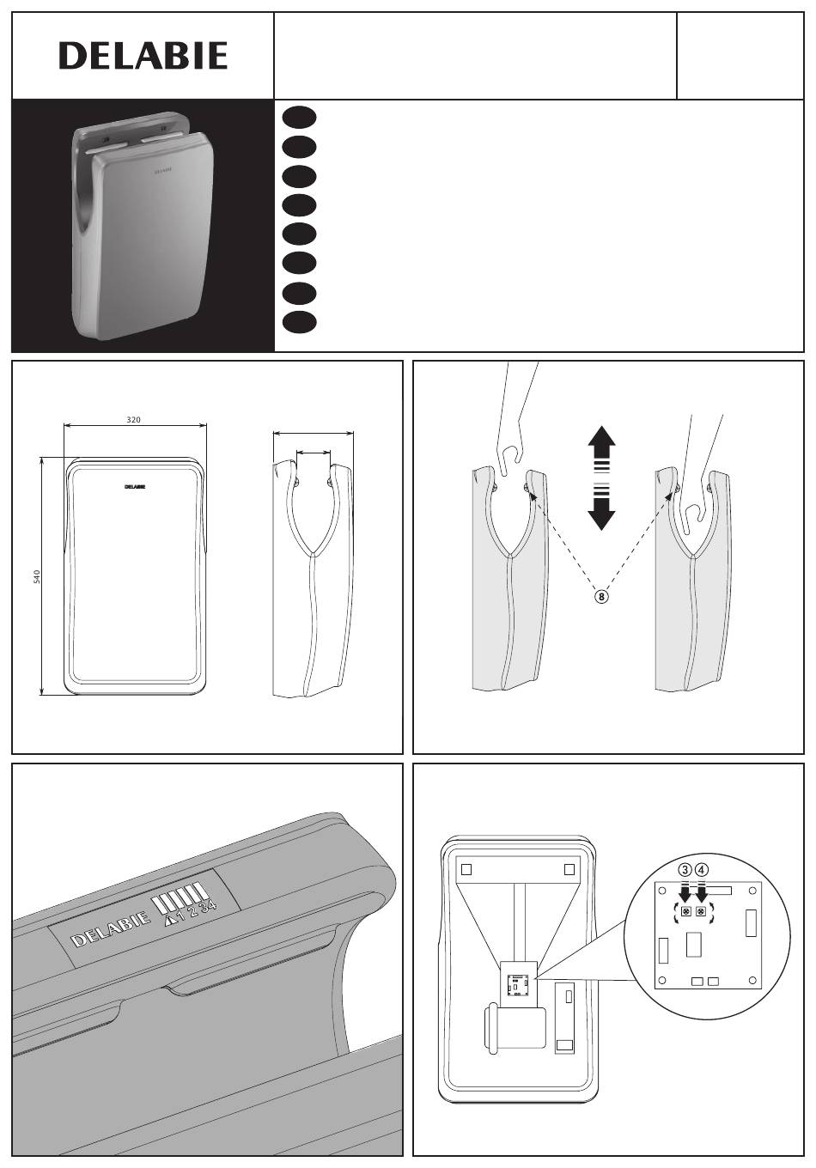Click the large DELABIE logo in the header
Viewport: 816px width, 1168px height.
tap(143, 56)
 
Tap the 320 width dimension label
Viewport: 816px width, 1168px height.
tap(134, 419)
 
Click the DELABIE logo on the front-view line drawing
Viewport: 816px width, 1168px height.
tap(135, 487)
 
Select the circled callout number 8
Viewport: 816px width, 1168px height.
tap(602, 596)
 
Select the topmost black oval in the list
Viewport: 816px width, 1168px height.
tap(299, 118)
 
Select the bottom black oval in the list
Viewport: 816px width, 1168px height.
tap(299, 322)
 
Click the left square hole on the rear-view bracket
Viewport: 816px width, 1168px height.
tap(466, 869)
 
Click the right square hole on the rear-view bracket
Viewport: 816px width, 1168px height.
tap(569, 869)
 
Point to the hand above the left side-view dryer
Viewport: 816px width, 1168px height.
tap(514, 423)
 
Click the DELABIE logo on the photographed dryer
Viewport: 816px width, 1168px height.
tap(162, 170)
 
